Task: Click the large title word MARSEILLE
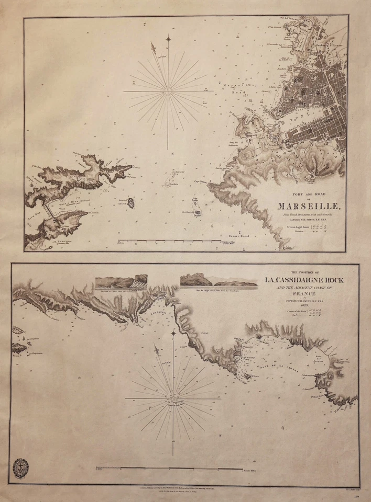click(311, 206)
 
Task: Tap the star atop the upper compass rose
click(168, 38)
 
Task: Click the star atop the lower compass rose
click(173, 333)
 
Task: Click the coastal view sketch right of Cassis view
click(219, 280)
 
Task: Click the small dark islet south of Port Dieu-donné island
click(130, 202)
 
